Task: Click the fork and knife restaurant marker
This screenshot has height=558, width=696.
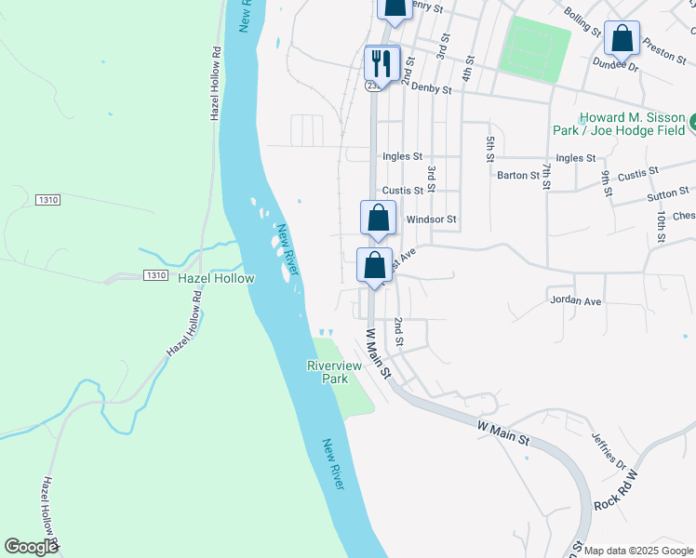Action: click(382, 64)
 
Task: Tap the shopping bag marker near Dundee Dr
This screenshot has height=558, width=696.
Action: click(622, 40)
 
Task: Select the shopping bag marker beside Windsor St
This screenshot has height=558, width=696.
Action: click(378, 219)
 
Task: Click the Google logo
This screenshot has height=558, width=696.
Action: click(31, 547)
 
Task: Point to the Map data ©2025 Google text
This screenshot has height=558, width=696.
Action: click(639, 551)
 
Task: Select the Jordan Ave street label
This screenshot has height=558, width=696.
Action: click(576, 300)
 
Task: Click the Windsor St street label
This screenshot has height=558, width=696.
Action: click(432, 219)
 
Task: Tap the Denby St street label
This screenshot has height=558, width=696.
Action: click(430, 90)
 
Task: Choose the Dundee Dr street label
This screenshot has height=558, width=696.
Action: click(615, 66)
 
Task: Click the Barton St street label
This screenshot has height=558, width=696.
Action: click(518, 175)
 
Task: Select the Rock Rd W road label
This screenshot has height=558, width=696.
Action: click(618, 489)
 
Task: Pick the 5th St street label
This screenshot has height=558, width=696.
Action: click(489, 149)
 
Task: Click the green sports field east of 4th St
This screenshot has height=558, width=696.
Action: click(534, 48)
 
